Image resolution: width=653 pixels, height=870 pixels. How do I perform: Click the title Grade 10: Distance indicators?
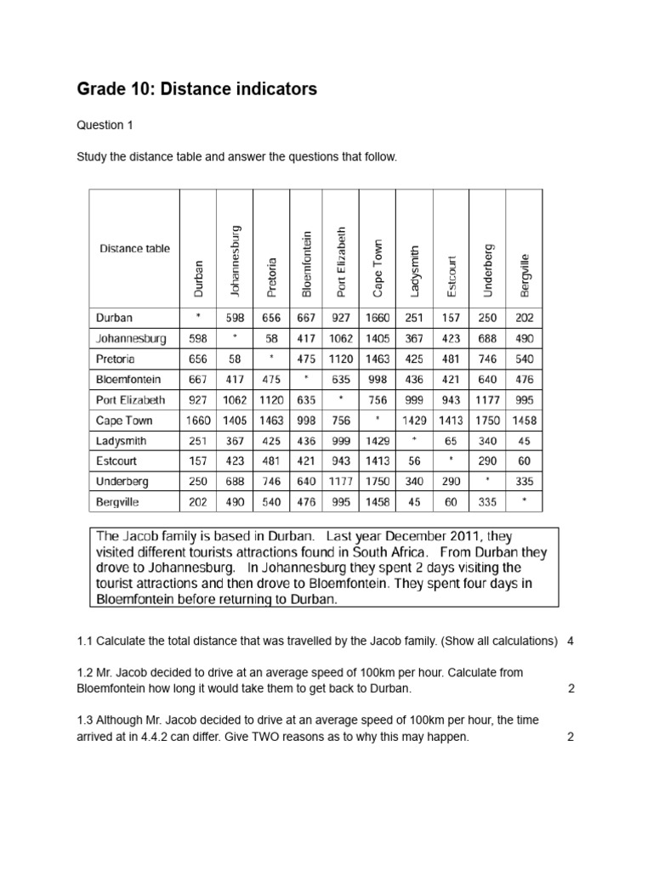196,88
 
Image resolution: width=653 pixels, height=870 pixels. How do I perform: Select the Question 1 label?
105,126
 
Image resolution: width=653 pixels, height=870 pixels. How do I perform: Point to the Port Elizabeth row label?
129,399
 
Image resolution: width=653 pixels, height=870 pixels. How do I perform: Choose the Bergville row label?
117,501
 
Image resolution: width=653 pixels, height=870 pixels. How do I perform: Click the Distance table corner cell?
134,249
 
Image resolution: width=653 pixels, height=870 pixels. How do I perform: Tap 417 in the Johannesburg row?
306,338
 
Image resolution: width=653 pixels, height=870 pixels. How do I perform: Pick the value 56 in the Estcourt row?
415,460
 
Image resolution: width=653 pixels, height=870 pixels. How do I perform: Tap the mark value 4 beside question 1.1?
571,641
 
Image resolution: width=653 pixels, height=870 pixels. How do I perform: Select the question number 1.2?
85,672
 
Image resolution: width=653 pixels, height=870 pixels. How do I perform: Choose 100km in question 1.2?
347,672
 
